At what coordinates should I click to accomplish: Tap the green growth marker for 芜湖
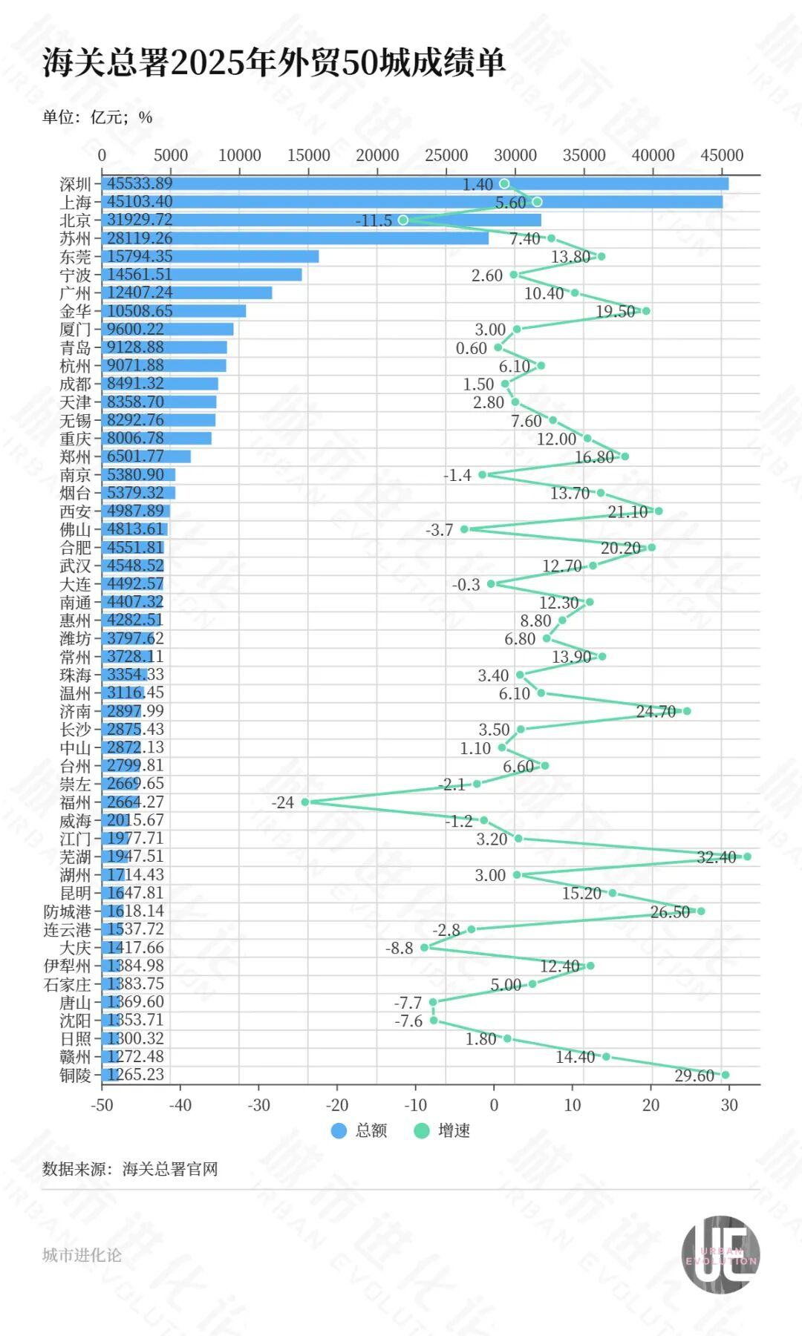[x=747, y=857]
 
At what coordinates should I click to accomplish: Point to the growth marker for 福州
[x=305, y=802]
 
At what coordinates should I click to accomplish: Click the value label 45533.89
[x=140, y=183]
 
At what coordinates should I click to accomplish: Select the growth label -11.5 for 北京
[x=374, y=220]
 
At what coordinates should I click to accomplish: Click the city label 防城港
[x=68, y=911]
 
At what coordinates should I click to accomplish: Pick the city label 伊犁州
[x=68, y=966]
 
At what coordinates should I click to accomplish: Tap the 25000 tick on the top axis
[x=446, y=155]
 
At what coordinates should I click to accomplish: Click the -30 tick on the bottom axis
[x=258, y=1105]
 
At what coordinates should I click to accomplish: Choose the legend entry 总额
[x=360, y=1130]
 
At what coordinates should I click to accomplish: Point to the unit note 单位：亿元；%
[x=97, y=117]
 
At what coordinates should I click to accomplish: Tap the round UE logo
[x=720, y=1254]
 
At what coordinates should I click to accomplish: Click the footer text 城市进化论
[x=82, y=1255]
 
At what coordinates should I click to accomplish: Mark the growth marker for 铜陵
[x=725, y=1075]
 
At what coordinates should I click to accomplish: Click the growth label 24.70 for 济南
[x=656, y=711]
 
